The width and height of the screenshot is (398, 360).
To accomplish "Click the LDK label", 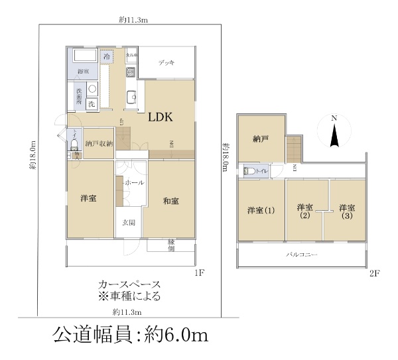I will pyautogui.click(x=160, y=117).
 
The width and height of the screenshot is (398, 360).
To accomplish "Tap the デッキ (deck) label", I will pyautogui.click(x=166, y=63).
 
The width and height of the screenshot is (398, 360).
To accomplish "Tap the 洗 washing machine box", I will pyautogui.click(x=92, y=104).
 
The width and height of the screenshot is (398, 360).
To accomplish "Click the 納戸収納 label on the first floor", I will pyautogui.click(x=99, y=143).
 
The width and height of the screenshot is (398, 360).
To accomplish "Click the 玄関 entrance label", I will pyautogui.click(x=129, y=223).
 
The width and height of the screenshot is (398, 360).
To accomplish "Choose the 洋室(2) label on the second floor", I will pyautogui.click(x=304, y=211).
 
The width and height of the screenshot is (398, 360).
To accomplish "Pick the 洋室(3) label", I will pyautogui.click(x=346, y=211).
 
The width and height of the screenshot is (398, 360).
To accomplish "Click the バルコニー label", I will pyautogui.click(x=302, y=255).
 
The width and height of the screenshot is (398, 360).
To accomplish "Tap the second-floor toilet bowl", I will pyautogui.click(x=250, y=171).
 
